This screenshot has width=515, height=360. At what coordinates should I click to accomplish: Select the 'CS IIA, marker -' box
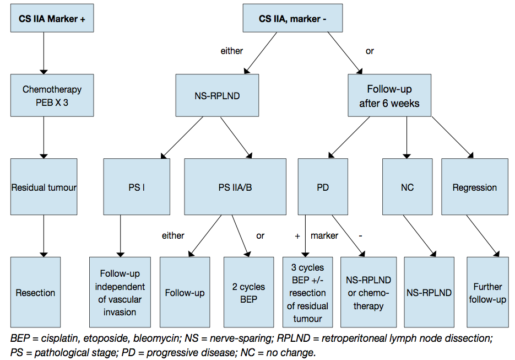coord(292,18)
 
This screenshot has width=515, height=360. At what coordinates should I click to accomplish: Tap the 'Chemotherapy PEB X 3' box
coord(44,95)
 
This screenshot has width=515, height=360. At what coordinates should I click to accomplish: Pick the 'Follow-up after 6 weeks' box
coord(389,95)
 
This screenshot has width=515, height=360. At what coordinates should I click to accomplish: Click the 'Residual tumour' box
coord(44,187)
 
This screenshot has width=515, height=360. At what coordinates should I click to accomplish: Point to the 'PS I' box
coord(137,187)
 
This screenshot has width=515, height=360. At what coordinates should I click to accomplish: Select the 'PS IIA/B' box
coord(235,187)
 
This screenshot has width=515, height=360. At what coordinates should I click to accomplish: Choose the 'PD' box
coord(323,187)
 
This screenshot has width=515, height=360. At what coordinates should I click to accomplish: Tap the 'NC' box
coord(407,187)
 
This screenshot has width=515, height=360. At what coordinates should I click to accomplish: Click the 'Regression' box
coord(474,187)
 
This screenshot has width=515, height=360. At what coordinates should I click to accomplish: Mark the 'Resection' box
coord(35,293)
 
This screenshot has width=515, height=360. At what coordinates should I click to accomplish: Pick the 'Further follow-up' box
coord(487,293)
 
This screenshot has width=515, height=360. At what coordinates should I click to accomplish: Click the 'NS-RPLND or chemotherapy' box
coord(368,293)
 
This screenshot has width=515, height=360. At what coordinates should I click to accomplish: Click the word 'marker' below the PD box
coord(324,235)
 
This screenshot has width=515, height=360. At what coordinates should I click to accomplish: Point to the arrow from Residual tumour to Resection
coord(44,235)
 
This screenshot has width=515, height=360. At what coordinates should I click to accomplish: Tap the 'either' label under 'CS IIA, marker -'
coord(232,51)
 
